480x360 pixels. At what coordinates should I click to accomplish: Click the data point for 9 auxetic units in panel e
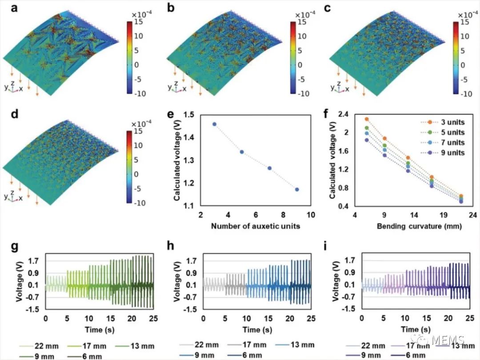(297, 190)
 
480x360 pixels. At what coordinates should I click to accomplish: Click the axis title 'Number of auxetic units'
(256, 226)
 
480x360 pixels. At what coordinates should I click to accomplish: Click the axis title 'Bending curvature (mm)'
(413, 226)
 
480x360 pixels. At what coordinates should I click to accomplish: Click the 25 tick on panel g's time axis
(153, 319)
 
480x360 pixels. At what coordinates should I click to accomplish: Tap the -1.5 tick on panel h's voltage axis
(192, 309)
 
